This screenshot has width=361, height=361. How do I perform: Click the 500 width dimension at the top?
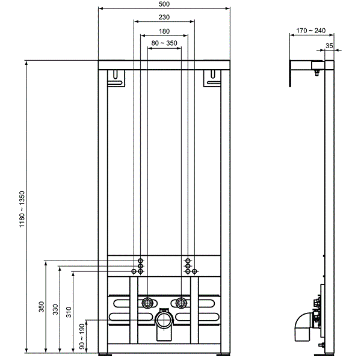click(x=164, y=4)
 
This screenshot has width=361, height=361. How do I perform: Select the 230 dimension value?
click(x=164, y=17)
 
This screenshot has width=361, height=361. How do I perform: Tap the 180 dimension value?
click(x=164, y=31)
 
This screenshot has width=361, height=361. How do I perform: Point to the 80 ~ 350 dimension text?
click(x=164, y=43)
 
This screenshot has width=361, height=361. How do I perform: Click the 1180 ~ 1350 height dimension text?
click(x=22, y=208)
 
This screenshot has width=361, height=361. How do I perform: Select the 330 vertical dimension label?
click(x=55, y=309)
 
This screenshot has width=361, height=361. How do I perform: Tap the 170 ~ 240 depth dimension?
click(x=310, y=30)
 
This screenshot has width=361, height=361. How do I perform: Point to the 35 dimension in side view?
click(x=329, y=45)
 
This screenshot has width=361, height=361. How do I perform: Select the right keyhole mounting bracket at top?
click(x=212, y=77)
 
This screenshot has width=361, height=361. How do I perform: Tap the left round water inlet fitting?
click(x=147, y=303)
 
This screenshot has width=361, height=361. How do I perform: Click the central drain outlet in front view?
click(x=164, y=320)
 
